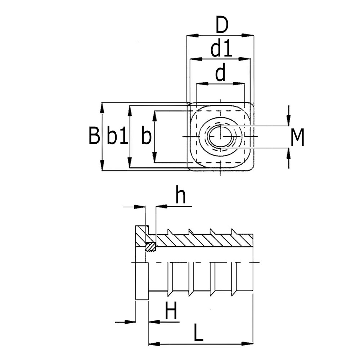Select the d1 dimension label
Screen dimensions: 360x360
221,50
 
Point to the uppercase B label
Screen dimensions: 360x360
94,136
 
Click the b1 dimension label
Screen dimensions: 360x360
117,137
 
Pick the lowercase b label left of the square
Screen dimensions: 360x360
146,137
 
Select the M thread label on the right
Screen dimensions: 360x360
297,138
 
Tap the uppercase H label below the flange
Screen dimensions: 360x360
171,311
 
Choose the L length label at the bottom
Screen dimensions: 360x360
198,333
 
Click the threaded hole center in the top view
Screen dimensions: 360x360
220,137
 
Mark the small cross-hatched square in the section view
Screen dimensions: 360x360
150,247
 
